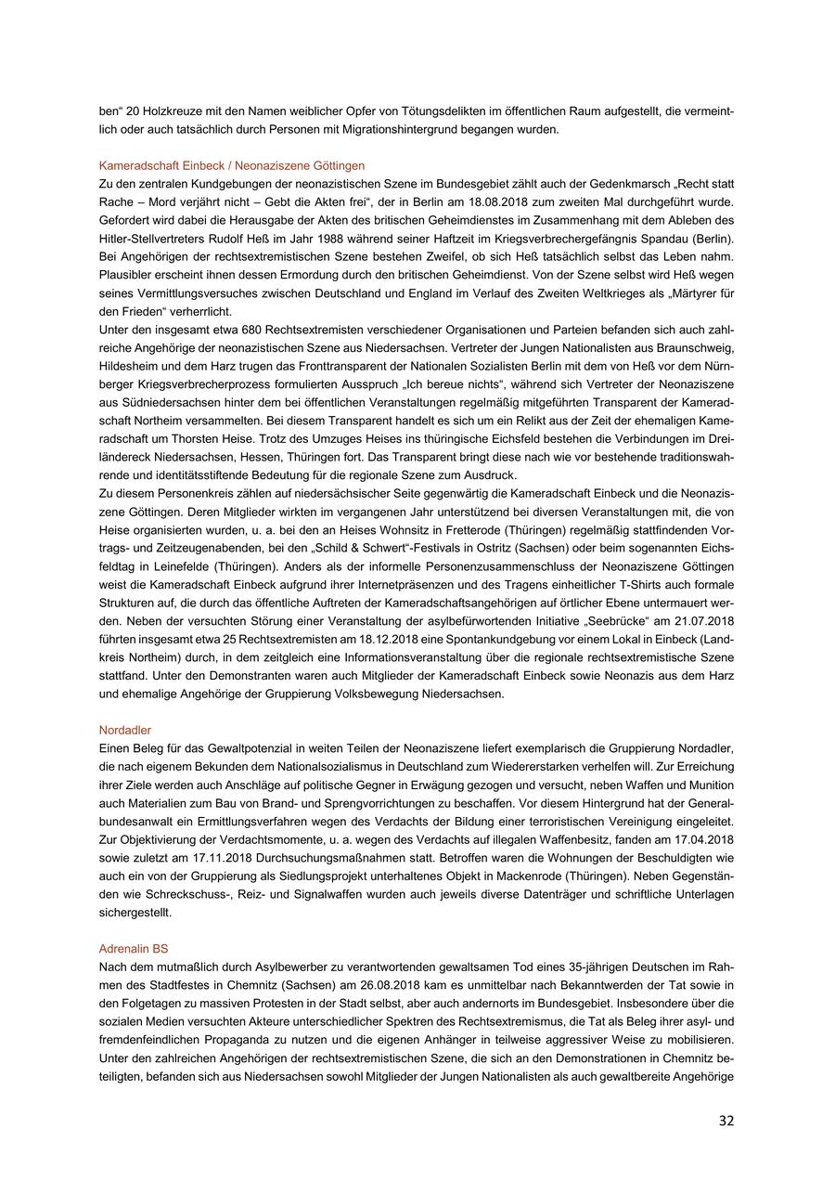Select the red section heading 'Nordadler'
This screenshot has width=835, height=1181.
coord(125,731)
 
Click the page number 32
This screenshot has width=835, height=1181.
coord(726,1121)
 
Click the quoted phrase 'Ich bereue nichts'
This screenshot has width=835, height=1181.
coord(486,384)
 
